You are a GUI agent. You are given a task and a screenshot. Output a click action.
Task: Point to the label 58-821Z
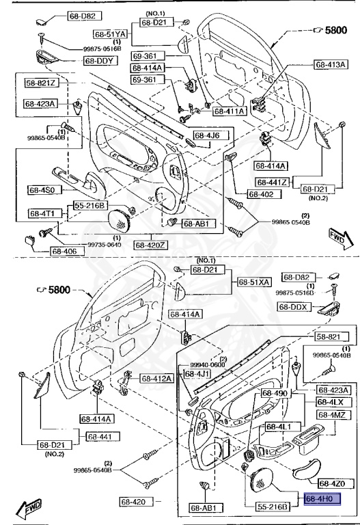pyautogui.click(x=42, y=83)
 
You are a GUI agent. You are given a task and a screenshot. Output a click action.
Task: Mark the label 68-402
pyautogui.click(x=261, y=194)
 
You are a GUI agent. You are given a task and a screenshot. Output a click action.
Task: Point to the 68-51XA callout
pyautogui.click(x=253, y=282)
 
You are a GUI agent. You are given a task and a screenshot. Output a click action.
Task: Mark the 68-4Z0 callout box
pyautogui.click(x=337, y=484)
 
